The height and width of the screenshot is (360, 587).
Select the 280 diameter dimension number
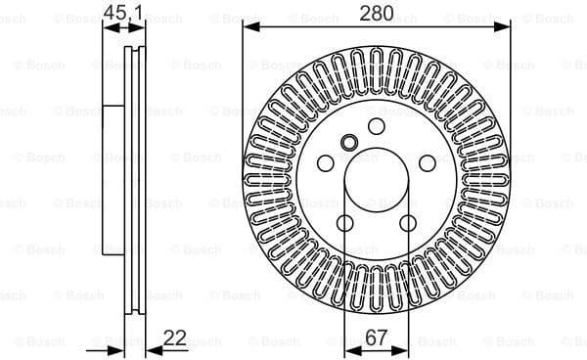(377, 13)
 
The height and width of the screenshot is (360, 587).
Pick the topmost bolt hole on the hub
(377, 126)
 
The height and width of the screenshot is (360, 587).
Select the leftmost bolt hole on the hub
(327, 162)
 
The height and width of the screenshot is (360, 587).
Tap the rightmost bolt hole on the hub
(428, 162)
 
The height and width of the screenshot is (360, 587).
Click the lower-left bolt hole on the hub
(345, 222)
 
